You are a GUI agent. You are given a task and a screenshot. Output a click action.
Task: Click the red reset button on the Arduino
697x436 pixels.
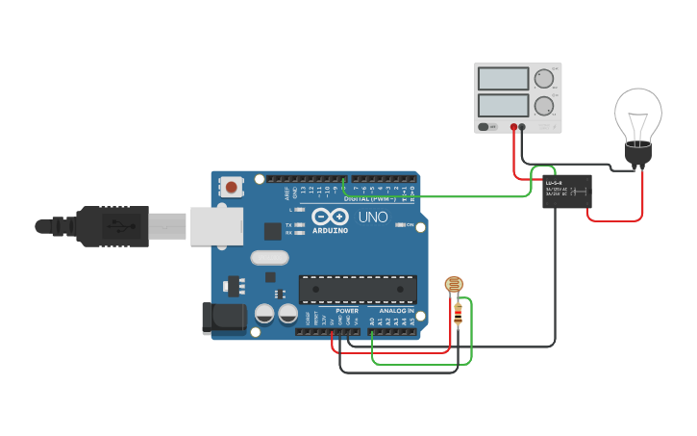[x=232, y=187]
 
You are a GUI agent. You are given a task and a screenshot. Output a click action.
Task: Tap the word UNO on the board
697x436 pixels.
[x=373, y=218]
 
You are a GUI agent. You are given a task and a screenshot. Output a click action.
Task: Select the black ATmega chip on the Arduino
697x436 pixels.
[x=358, y=289]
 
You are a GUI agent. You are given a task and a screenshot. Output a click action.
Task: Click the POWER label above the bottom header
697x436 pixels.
[x=346, y=311]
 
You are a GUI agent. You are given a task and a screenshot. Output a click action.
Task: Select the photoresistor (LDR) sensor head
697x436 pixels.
[x=454, y=284]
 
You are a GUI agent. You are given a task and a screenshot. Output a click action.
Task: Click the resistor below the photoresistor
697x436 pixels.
[x=459, y=311]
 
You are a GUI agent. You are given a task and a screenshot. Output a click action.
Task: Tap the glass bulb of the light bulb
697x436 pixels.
[x=638, y=114]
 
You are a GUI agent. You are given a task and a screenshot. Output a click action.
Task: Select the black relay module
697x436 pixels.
[x=566, y=192]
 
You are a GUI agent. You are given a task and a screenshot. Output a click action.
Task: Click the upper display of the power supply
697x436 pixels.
[x=503, y=79]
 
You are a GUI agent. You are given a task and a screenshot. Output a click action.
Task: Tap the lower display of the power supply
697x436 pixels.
[x=503, y=105]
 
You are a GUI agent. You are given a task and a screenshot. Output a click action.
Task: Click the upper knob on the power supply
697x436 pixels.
[x=544, y=79]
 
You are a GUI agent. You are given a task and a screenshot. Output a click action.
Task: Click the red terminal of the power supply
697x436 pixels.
[x=514, y=126]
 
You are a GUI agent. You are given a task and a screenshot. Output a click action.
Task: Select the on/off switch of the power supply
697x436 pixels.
[x=488, y=126]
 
